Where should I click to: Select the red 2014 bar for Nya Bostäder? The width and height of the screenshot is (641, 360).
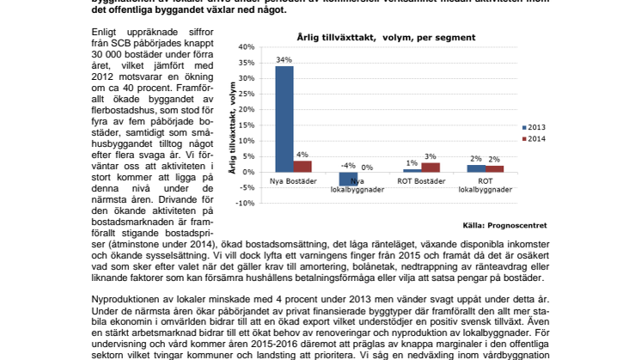pos(303,166)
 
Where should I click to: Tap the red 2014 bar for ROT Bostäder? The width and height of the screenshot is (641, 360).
pos(430,168)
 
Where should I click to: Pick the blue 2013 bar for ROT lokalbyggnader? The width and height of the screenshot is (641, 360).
pos(474,168)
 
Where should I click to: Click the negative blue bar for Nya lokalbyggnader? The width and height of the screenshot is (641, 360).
pos(347,178)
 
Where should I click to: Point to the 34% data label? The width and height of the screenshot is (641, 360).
pos(283,60)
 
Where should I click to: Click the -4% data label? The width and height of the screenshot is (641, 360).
pos(347,165)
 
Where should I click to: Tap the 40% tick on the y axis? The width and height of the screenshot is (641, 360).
pos(247,47)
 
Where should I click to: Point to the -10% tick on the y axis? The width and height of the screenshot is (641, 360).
pos(245,204)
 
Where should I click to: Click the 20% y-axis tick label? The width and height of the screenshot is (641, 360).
pos(247,110)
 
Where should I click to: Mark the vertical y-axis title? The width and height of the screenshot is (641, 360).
pos(232,125)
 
